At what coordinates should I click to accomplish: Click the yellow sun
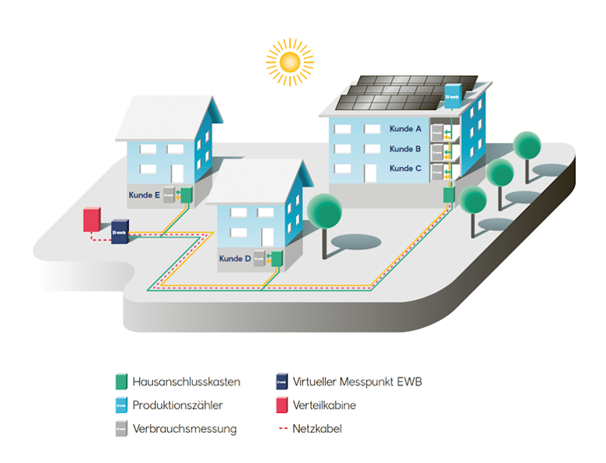290,62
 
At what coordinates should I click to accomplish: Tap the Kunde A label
405,129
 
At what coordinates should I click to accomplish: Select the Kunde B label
405,149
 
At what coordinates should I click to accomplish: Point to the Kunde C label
405,169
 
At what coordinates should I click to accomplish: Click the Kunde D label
235,258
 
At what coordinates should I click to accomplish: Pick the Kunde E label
144,195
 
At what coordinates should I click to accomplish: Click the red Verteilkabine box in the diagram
92,220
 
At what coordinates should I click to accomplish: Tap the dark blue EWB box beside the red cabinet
119,232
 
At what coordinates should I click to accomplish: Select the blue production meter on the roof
453,96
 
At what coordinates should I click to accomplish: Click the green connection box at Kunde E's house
187,195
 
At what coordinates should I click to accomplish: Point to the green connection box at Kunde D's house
276,258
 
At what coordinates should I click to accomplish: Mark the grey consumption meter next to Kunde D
259,258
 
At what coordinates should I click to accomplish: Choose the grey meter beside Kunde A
437,133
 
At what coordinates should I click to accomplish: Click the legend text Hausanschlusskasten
187,382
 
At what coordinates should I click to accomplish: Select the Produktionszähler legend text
177,405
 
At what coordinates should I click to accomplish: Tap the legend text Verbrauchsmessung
184,429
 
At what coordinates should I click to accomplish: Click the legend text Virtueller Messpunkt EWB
357,382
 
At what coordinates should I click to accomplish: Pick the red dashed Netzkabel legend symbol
283,429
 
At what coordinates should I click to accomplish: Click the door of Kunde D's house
267,237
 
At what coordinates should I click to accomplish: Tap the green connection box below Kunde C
449,194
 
